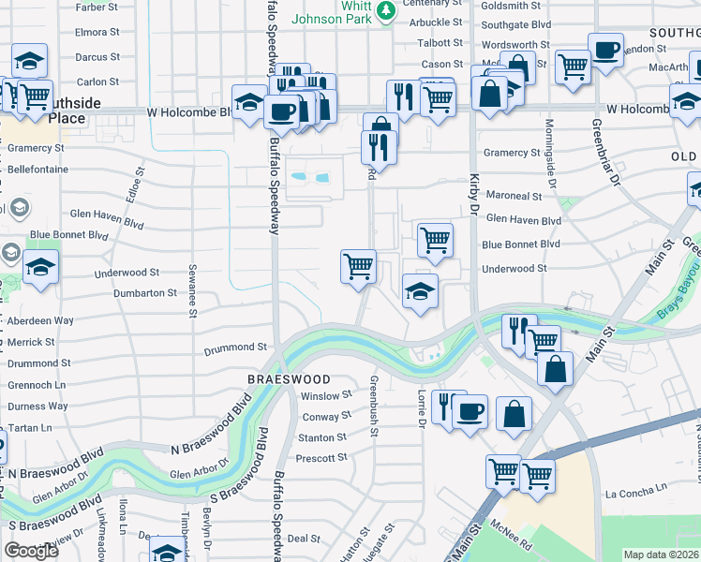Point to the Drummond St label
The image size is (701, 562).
[235, 348]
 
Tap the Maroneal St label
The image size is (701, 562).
[512, 197]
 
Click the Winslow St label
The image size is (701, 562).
[325, 396]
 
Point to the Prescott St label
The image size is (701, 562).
[321, 458]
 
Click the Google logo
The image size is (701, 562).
[31, 551]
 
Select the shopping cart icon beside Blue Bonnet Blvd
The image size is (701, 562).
[435, 240]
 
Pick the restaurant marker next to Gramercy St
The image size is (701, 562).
[379, 146]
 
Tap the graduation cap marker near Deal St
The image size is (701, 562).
[167, 553]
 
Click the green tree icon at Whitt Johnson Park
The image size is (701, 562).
[386, 11]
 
